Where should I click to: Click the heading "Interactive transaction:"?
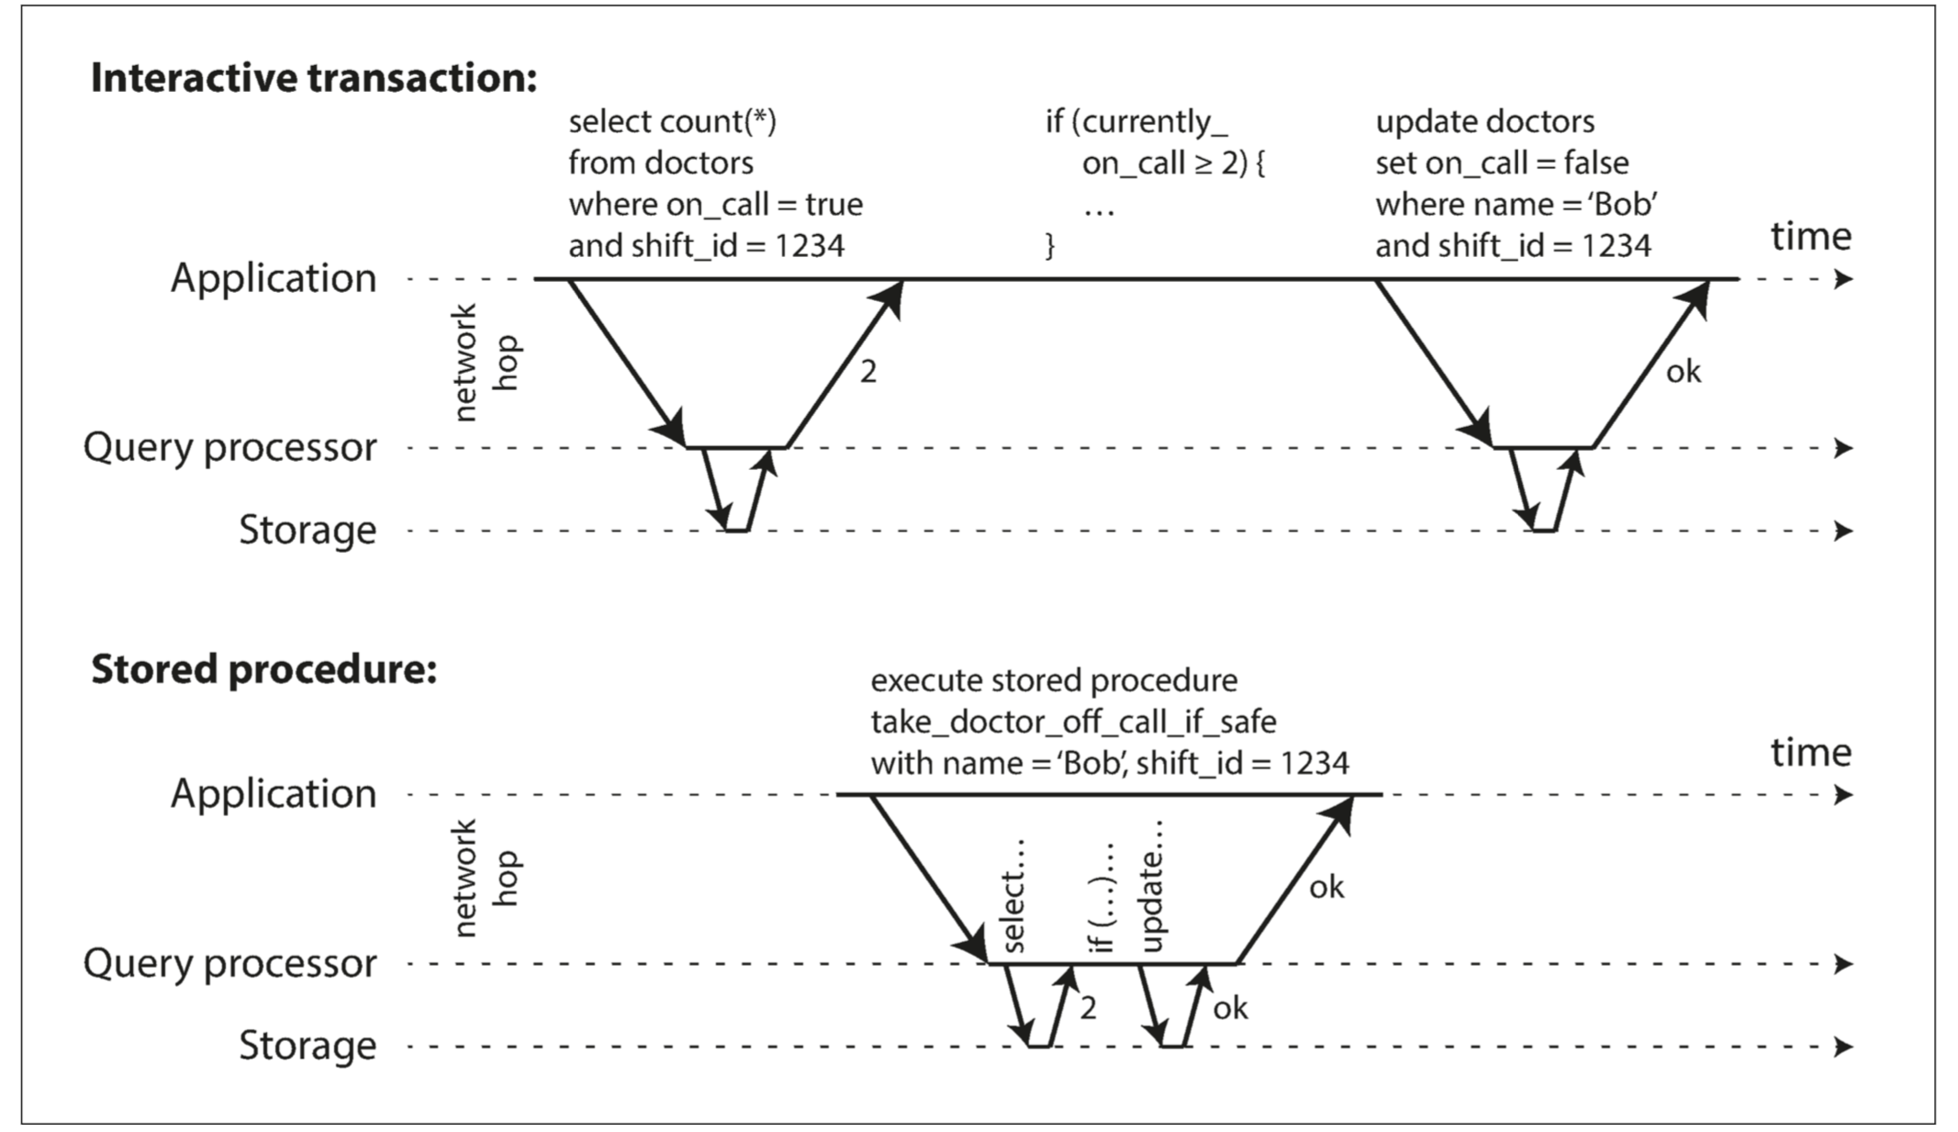(314, 78)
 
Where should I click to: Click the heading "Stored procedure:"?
(264, 669)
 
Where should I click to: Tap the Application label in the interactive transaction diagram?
(274, 278)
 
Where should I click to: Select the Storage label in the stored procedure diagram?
(308, 1046)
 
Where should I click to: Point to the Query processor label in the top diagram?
(229, 448)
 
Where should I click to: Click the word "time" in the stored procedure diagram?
(1811, 753)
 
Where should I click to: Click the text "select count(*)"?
(673, 121)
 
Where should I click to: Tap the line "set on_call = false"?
(1502, 163)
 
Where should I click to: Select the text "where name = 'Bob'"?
(1516, 204)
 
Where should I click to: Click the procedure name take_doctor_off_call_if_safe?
(1073, 722)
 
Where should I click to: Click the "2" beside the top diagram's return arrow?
(867, 372)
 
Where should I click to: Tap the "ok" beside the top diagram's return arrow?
(1684, 372)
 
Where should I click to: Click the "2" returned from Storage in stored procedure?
(1088, 1009)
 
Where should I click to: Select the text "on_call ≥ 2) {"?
(1174, 163)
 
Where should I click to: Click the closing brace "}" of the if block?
(1051, 246)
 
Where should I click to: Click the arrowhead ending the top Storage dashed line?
(1843, 531)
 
